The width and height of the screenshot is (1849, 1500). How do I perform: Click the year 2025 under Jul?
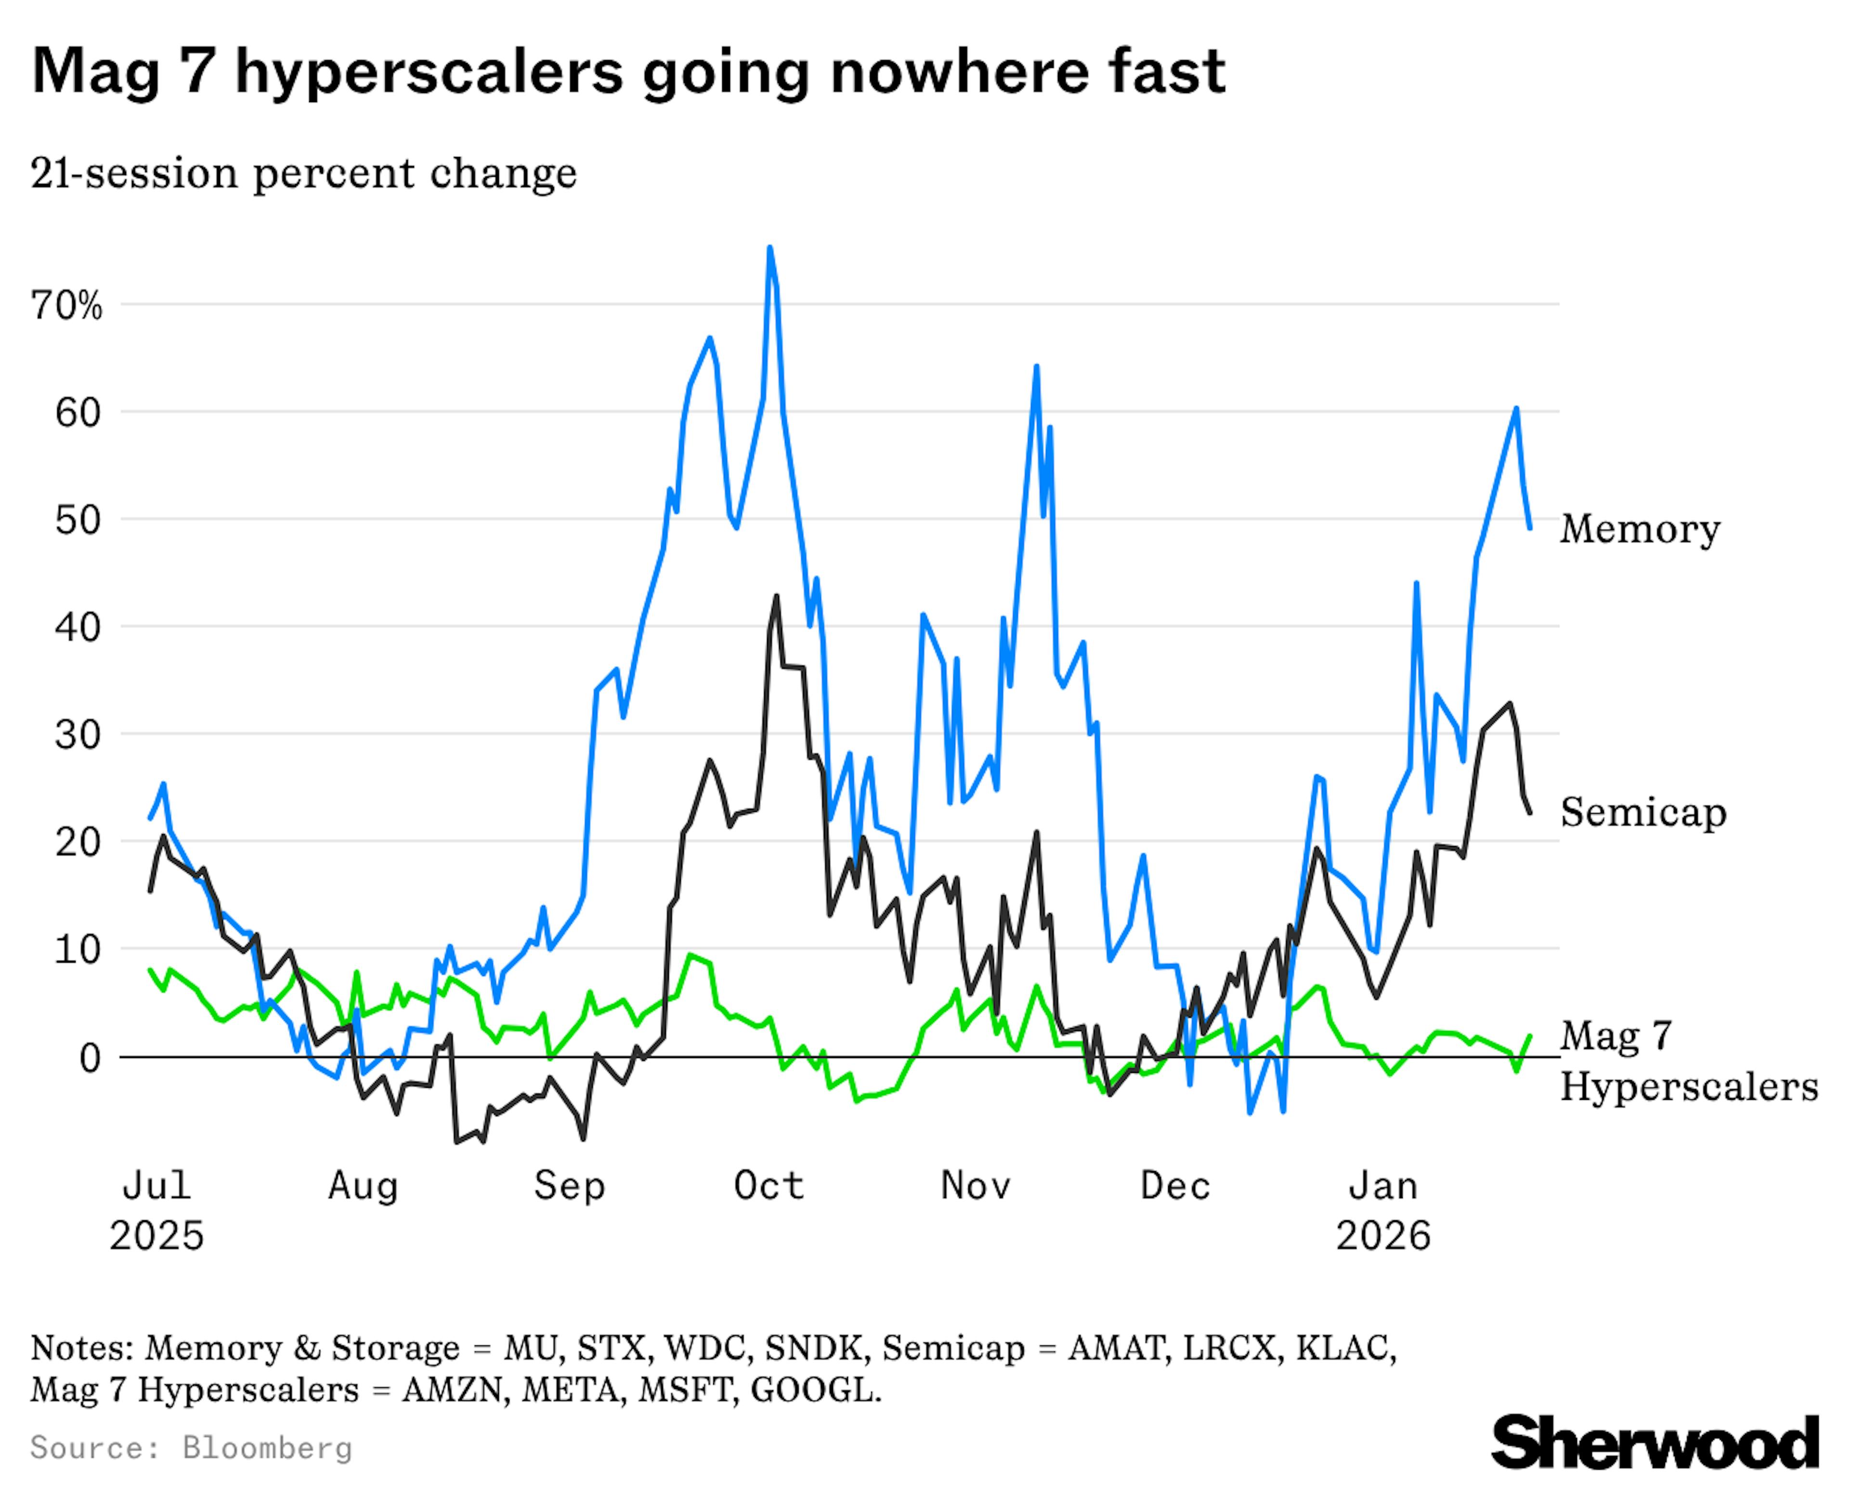pyautogui.click(x=156, y=1236)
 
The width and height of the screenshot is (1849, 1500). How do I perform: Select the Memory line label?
pyautogui.click(x=1639, y=529)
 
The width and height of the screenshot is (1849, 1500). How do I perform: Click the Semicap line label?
pyautogui.click(x=1642, y=812)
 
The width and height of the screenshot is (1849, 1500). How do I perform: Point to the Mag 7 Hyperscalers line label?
pyautogui.click(x=1687, y=1061)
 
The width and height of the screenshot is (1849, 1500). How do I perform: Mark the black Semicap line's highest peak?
pyautogui.click(x=776, y=596)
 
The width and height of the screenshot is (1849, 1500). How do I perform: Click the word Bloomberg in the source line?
pyautogui.click(x=267, y=1448)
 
